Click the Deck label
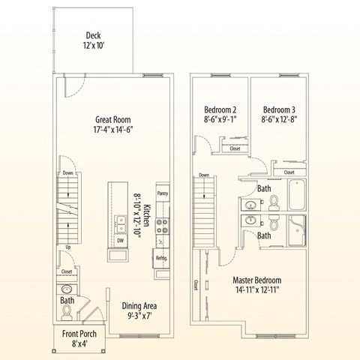(93, 35)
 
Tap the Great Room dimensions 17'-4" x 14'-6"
(113, 129)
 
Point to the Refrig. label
(161, 258)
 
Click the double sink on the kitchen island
(121, 223)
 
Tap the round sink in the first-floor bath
(66, 289)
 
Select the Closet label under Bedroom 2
(235, 148)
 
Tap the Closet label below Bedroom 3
(289, 172)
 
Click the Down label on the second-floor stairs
(204, 175)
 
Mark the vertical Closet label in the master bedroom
(196, 285)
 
